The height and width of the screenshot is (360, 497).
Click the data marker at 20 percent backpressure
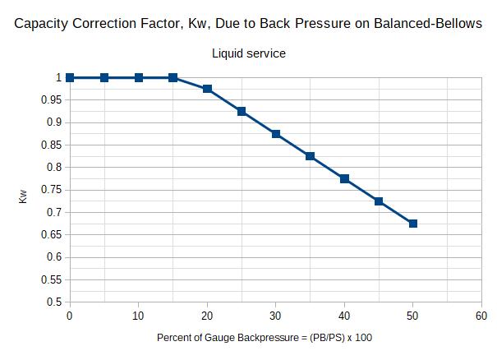(207, 89)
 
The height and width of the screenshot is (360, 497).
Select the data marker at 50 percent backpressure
(413, 224)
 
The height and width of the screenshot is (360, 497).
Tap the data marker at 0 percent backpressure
(70, 77)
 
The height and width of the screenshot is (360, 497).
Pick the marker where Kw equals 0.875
(276, 134)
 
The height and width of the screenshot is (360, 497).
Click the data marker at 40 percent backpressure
(344, 178)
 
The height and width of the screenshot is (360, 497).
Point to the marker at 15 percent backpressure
(173, 77)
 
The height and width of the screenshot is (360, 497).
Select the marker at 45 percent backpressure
(379, 201)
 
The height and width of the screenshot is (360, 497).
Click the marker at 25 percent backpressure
(242, 111)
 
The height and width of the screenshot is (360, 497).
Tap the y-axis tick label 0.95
(52, 100)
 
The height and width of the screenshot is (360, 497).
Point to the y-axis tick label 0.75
(52, 190)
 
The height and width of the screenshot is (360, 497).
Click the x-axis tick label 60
(481, 316)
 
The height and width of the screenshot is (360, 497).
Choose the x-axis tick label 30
(276, 316)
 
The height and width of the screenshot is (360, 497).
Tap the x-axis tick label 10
(138, 316)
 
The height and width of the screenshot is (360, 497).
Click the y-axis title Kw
(24, 197)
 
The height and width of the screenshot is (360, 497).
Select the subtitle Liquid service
(249, 53)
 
